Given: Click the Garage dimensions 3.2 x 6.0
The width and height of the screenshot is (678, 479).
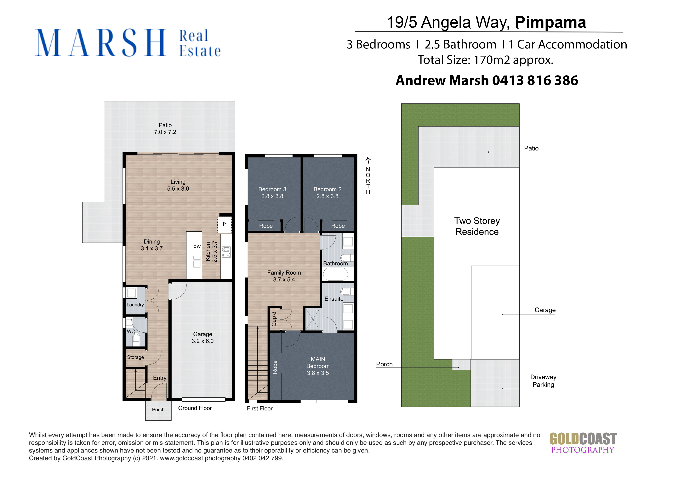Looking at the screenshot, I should tap(202, 341).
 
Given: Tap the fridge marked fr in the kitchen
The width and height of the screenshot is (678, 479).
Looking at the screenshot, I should tap(225, 225).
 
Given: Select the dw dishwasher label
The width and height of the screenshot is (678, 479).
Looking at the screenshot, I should tap(197, 246).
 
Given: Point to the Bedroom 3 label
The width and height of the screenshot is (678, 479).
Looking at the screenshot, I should tap(272, 189).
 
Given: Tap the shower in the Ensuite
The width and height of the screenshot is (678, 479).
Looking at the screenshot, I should tap(312, 319).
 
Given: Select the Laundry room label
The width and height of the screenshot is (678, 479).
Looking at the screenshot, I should tap(135, 305).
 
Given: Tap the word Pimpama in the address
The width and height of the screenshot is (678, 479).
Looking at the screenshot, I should tap(550, 22).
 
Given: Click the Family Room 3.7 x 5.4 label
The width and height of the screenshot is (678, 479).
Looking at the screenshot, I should tap(284, 276).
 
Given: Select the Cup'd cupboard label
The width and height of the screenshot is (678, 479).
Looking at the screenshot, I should tap(274, 319).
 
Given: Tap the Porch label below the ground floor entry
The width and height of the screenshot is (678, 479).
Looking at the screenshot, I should tap(158, 410).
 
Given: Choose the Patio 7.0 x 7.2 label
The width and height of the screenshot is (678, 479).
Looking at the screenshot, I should tap(165, 128).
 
